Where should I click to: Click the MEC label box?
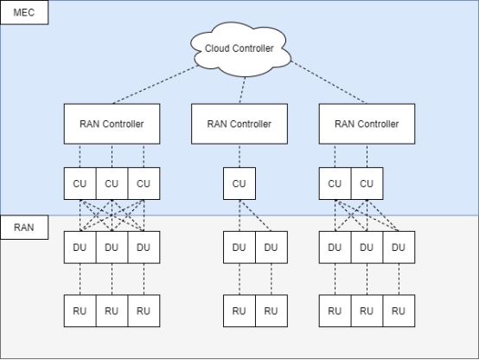pyautogui.click(x=24, y=12)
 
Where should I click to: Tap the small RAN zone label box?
pyautogui.click(x=24, y=228)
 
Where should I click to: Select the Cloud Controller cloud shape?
pyautogui.click(x=240, y=49)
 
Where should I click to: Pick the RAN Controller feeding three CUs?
pyautogui.click(x=112, y=124)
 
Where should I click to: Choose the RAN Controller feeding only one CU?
pyautogui.click(x=239, y=124)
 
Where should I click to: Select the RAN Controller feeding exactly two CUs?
pyautogui.click(x=367, y=124)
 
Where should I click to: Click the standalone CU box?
pyautogui.click(x=239, y=183)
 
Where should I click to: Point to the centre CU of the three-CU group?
pyautogui.click(x=112, y=183)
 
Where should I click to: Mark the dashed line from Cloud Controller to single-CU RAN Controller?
pyautogui.click(x=242, y=90)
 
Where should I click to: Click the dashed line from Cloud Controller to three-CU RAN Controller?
pyautogui.click(x=156, y=85)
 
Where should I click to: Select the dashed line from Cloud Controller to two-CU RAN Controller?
pyautogui.click(x=329, y=82)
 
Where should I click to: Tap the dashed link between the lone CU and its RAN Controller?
pyautogui.click(x=239, y=156)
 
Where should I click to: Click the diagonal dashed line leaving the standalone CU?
pyautogui.click(x=255, y=215)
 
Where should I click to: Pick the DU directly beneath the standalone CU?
pyautogui.click(x=239, y=247)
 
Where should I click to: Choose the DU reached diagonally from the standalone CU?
pyautogui.click(x=271, y=247)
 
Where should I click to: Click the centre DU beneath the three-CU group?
pyautogui.click(x=112, y=247)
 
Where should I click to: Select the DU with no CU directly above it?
pyautogui.click(x=399, y=247)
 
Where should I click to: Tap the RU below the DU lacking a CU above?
pyautogui.click(x=399, y=311)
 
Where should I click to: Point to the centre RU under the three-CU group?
pyautogui.click(x=112, y=311)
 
